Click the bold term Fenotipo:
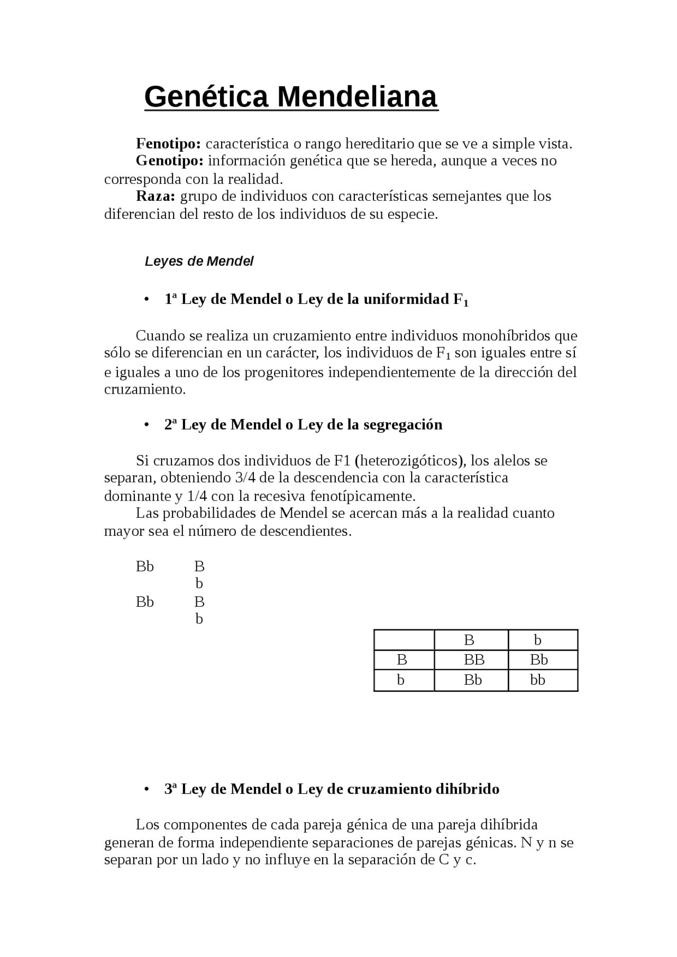[x=168, y=144]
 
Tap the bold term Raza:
[x=155, y=196]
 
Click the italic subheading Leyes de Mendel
[x=199, y=261]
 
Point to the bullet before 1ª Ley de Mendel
[x=145, y=300]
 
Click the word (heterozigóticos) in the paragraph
[x=410, y=460]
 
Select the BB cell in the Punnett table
[x=473, y=659]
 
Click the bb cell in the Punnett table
[x=537, y=680]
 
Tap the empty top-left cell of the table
[x=404, y=640]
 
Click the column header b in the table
[x=537, y=640]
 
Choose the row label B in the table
[x=401, y=659]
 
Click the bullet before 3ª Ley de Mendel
[x=145, y=789]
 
